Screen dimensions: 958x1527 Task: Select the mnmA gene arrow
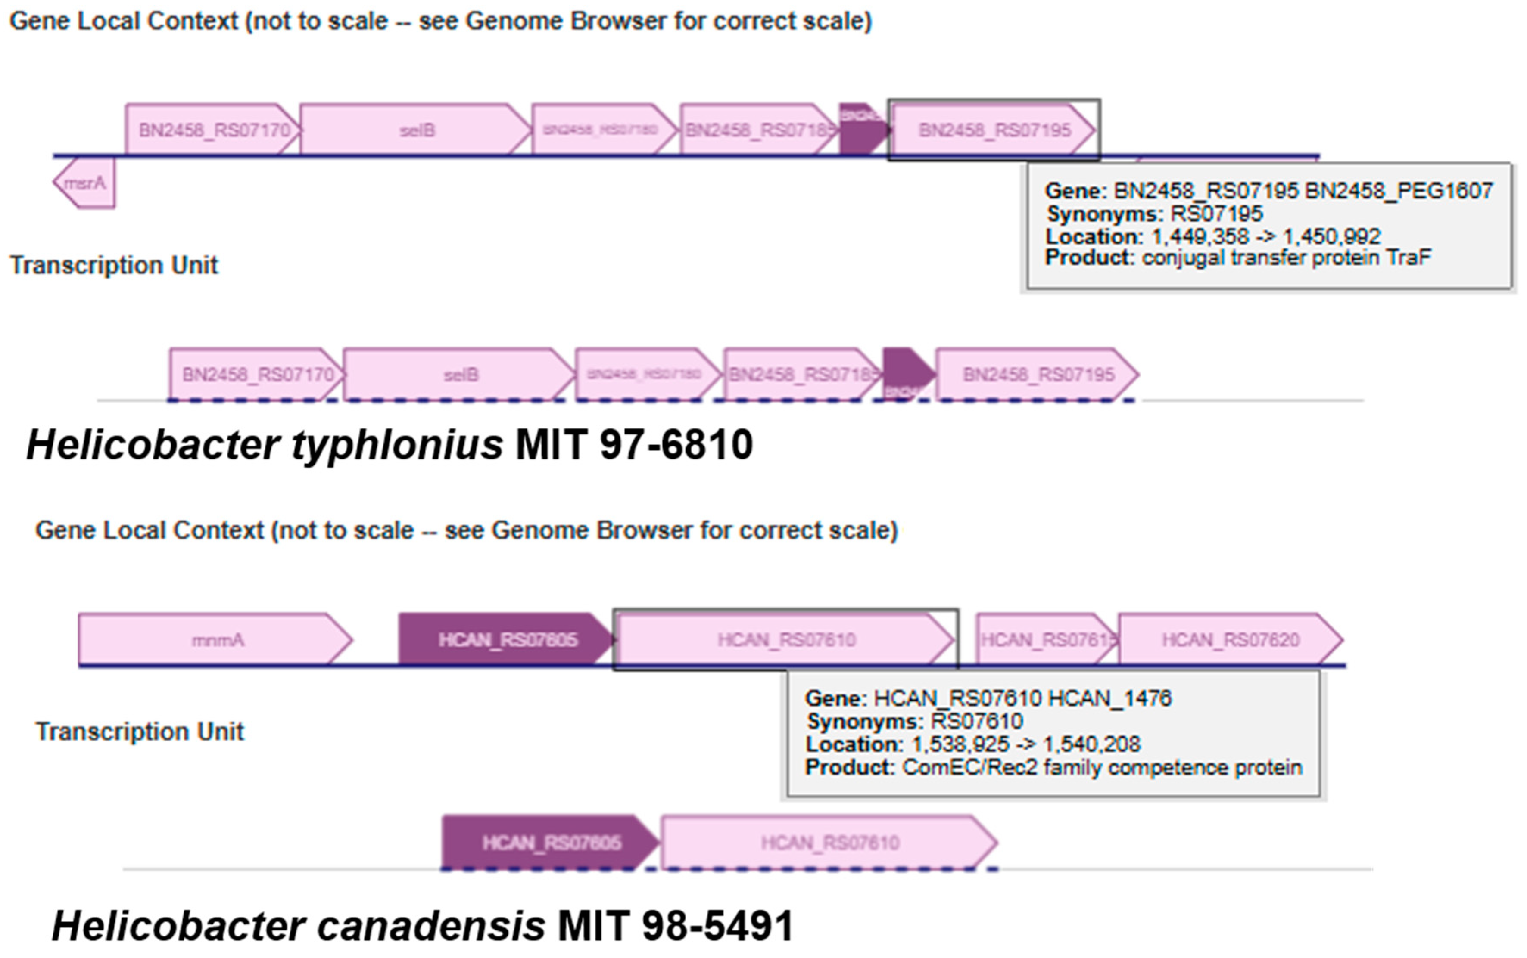coord(215,640)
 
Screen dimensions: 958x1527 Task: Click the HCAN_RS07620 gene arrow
coord(1229,640)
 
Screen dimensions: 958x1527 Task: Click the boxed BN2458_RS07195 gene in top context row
coord(993,130)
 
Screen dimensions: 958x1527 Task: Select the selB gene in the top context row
coord(415,130)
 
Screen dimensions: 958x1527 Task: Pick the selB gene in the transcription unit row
coord(459,375)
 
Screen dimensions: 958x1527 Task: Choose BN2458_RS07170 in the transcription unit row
coord(256,375)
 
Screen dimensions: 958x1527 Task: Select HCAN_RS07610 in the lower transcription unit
coord(829,843)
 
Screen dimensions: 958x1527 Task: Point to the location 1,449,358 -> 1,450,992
coord(1265,237)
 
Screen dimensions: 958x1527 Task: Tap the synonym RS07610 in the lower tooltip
coord(976,721)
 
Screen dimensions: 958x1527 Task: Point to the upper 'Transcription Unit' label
coord(114,265)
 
